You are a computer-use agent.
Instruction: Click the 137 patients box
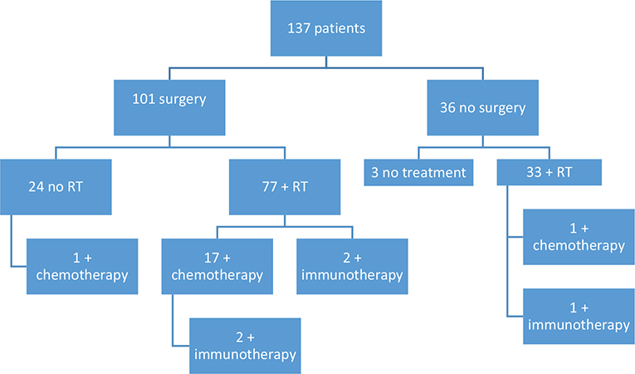[325, 29]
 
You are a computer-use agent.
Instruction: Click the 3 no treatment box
[417, 175]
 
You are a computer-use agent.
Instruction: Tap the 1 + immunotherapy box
[577, 316]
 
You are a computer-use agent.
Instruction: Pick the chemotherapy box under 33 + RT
[577, 237]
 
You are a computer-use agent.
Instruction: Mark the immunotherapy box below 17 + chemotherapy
[244, 344]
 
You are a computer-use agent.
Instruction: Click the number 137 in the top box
[300, 30]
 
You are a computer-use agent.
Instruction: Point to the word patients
[341, 30]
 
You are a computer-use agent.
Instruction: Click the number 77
[267, 186]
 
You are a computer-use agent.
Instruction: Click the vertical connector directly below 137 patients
[325, 61]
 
